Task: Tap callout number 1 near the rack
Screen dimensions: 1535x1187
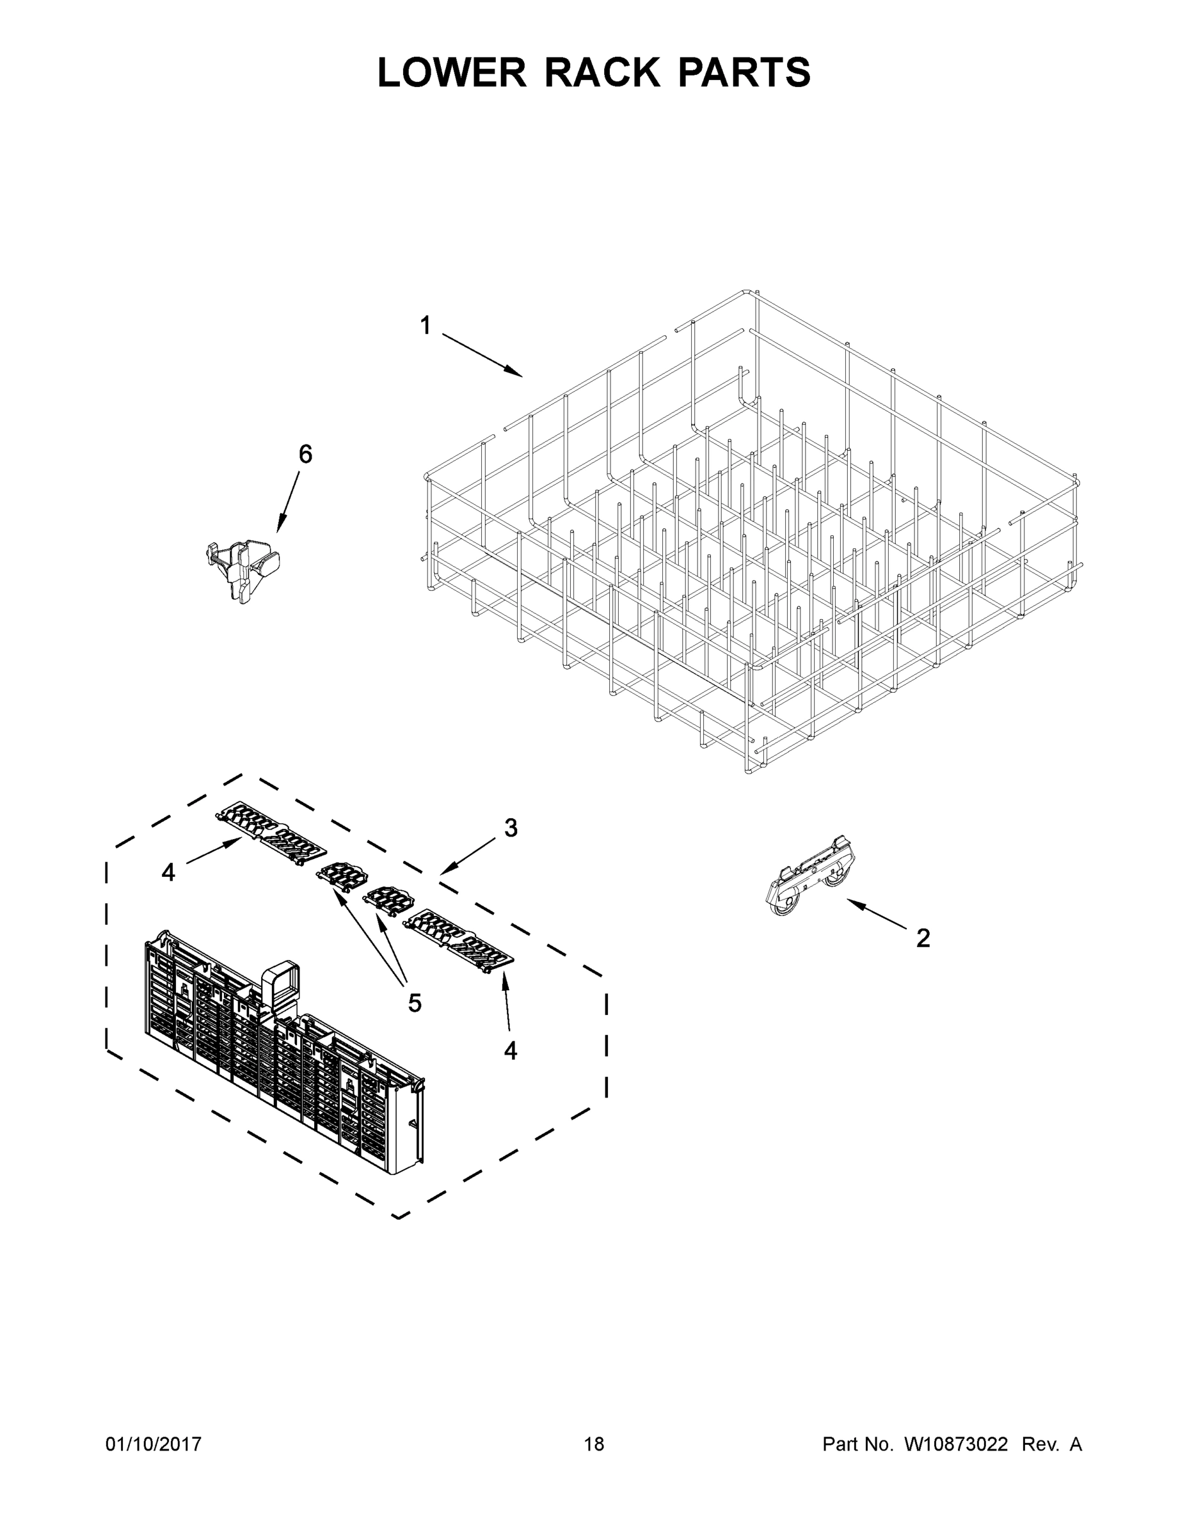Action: pyautogui.click(x=426, y=326)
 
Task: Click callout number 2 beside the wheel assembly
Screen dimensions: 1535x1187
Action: pyautogui.click(x=923, y=938)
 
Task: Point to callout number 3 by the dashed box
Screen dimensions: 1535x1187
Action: pyautogui.click(x=511, y=828)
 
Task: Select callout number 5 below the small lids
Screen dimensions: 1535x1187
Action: pyautogui.click(x=415, y=1003)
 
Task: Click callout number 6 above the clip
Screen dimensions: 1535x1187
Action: pyautogui.click(x=305, y=455)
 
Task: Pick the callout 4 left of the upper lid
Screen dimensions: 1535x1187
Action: pyautogui.click(x=168, y=872)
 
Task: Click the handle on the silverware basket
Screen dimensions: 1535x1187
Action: pyautogui.click(x=282, y=986)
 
